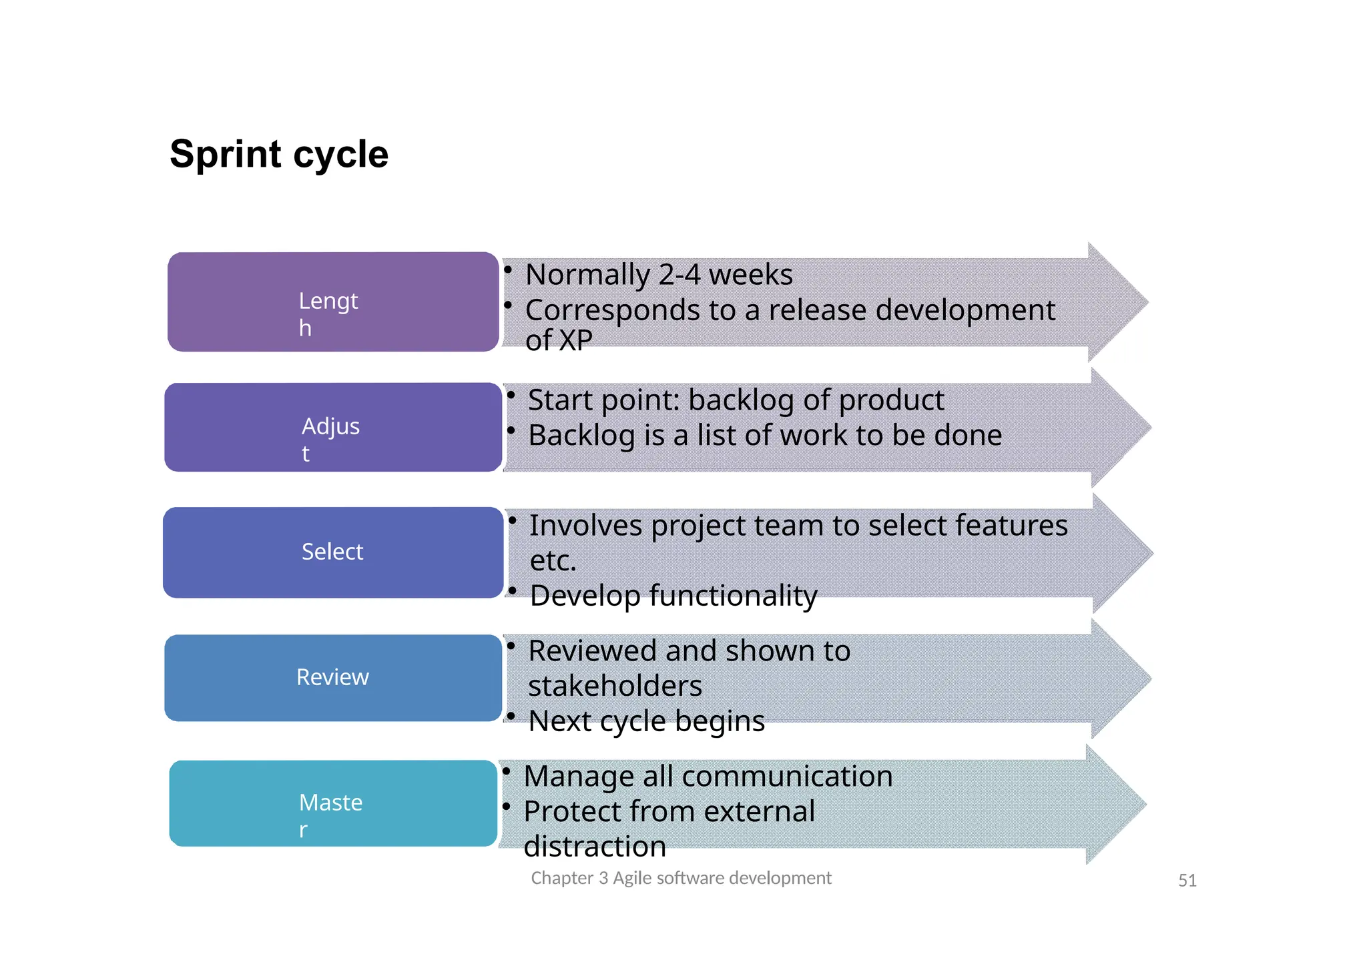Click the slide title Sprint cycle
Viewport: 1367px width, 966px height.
(278, 154)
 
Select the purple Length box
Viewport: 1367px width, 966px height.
(333, 302)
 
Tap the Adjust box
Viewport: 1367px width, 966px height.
(333, 428)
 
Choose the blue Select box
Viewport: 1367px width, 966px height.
(333, 552)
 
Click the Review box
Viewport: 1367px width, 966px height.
(333, 678)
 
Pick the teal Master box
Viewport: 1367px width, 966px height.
(333, 803)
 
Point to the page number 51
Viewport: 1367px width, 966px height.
(1187, 881)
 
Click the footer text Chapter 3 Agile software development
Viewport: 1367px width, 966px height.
(681, 878)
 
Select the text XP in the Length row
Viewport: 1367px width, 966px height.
(575, 341)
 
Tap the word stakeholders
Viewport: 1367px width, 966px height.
(615, 686)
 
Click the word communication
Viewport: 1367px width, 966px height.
(787, 777)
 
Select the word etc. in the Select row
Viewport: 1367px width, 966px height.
(553, 561)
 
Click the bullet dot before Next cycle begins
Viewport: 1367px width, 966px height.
(511, 716)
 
